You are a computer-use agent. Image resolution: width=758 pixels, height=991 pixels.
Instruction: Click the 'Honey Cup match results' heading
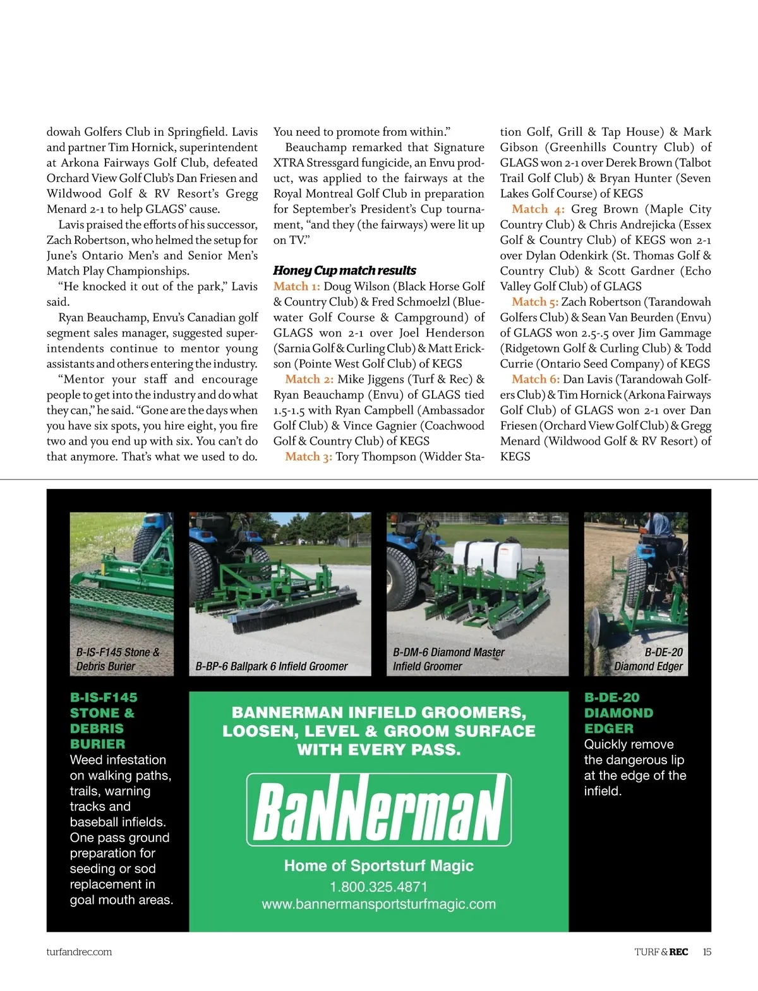pyautogui.click(x=344, y=270)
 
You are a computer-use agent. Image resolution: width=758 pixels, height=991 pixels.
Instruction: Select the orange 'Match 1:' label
pyautogui.click(x=297, y=286)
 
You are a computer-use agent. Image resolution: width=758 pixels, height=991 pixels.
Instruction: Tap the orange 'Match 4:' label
pyautogui.click(x=538, y=209)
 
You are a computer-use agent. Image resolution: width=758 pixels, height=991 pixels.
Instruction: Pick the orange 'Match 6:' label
pyautogui.click(x=536, y=379)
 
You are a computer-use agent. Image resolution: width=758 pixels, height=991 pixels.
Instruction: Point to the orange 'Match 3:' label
pyautogui.click(x=308, y=457)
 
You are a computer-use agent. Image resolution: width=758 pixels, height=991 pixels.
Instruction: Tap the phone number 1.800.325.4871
pyautogui.click(x=379, y=887)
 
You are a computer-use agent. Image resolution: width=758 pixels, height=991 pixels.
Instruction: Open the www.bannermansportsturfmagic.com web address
pyautogui.click(x=379, y=904)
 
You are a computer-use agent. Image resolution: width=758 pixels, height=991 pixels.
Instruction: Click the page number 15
pyautogui.click(x=707, y=952)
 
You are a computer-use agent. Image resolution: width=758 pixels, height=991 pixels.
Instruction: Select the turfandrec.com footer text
pyautogui.click(x=79, y=952)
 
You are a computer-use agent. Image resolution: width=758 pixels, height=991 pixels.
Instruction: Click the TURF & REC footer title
pyautogui.click(x=661, y=952)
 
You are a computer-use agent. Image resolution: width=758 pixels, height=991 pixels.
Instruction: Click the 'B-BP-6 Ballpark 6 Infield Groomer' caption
pyautogui.click(x=272, y=666)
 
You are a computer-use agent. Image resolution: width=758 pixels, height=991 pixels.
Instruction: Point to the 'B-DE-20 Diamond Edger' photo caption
pyautogui.click(x=649, y=659)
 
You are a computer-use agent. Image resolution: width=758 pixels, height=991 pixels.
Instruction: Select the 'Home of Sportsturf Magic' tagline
pyautogui.click(x=379, y=865)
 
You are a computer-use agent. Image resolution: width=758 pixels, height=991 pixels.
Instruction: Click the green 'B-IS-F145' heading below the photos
pyautogui.click(x=104, y=697)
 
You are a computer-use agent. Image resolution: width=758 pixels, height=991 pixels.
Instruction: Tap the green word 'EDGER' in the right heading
pyautogui.click(x=608, y=728)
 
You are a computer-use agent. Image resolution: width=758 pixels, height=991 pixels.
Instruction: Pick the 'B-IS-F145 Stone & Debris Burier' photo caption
pyautogui.click(x=117, y=659)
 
